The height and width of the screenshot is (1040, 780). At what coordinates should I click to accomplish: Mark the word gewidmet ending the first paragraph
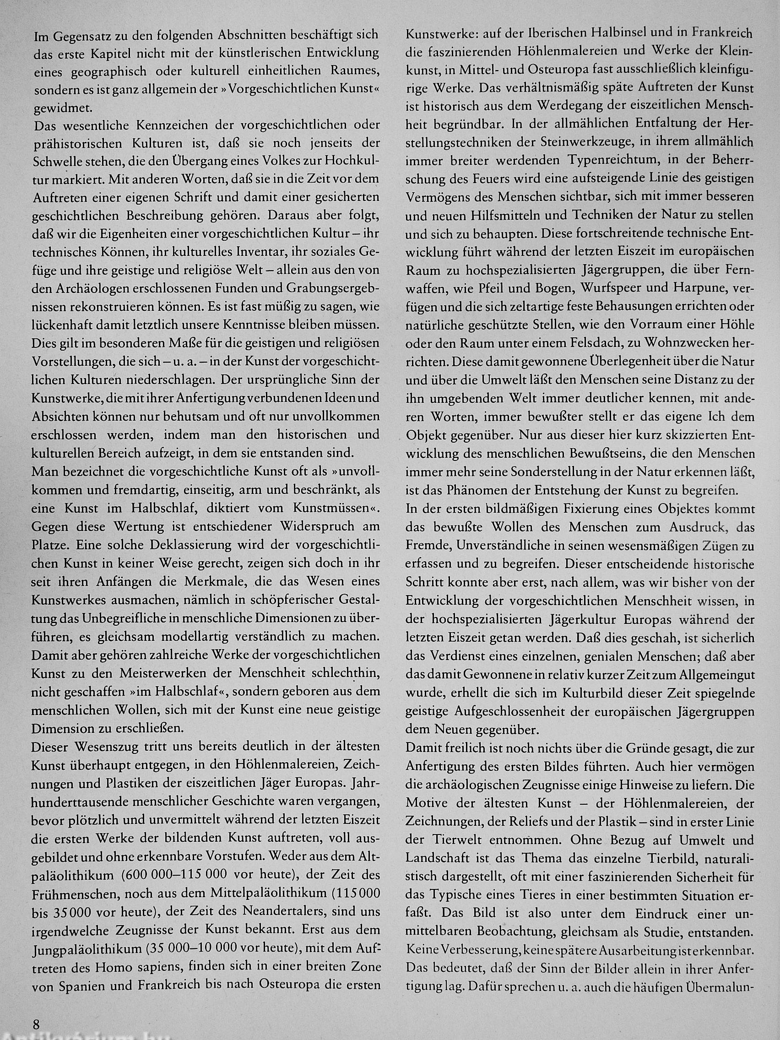62,108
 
